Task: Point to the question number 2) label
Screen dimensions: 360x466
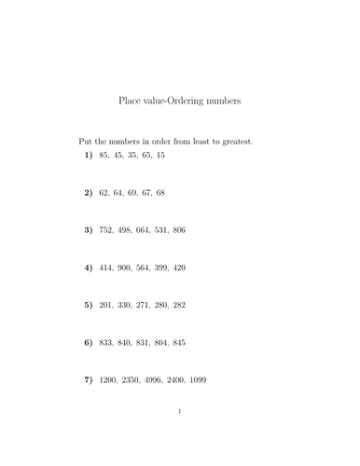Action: click(89, 192)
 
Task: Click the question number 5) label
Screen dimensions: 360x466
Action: click(89, 305)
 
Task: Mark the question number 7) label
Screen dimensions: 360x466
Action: click(89, 380)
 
